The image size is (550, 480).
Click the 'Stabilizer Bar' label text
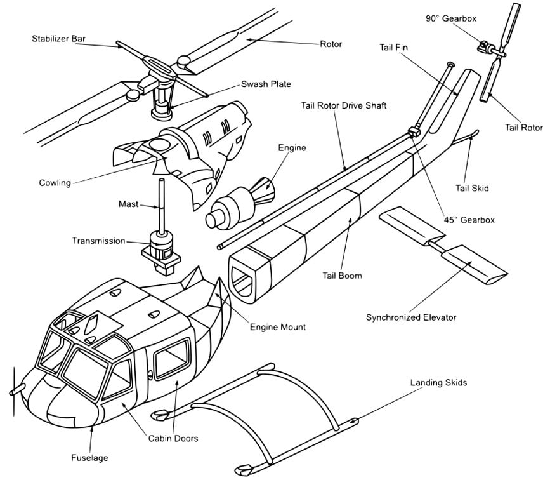58,39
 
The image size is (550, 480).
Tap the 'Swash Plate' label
267,84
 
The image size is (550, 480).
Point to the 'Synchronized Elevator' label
410,317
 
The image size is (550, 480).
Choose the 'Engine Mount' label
277,327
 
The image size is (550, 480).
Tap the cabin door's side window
171,356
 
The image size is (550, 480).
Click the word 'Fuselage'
89,457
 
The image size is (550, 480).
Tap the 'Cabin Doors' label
173,438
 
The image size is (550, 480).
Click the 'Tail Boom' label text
342,276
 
